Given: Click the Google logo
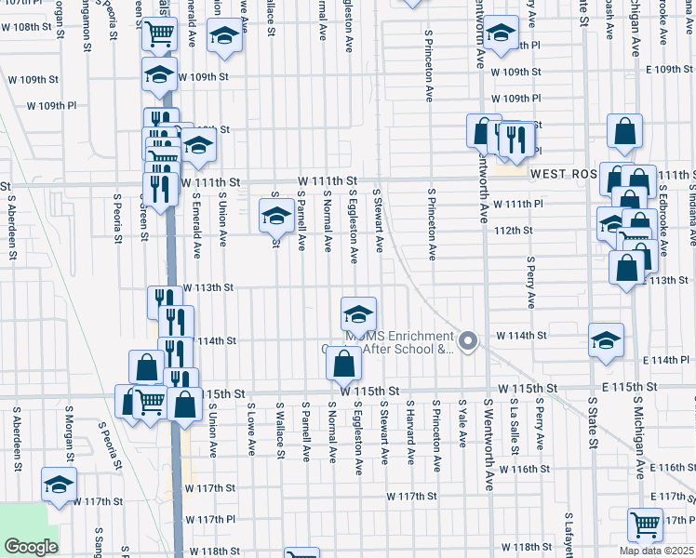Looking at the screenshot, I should [x=31, y=547].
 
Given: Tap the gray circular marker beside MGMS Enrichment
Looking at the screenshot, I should [x=469, y=342].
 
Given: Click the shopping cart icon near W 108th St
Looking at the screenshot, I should [x=160, y=33].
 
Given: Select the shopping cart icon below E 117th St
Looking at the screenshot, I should [x=644, y=523].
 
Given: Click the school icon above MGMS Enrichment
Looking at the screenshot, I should [x=358, y=313].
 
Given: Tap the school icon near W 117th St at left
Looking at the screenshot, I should [x=60, y=485].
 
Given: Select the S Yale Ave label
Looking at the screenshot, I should [x=462, y=424].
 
